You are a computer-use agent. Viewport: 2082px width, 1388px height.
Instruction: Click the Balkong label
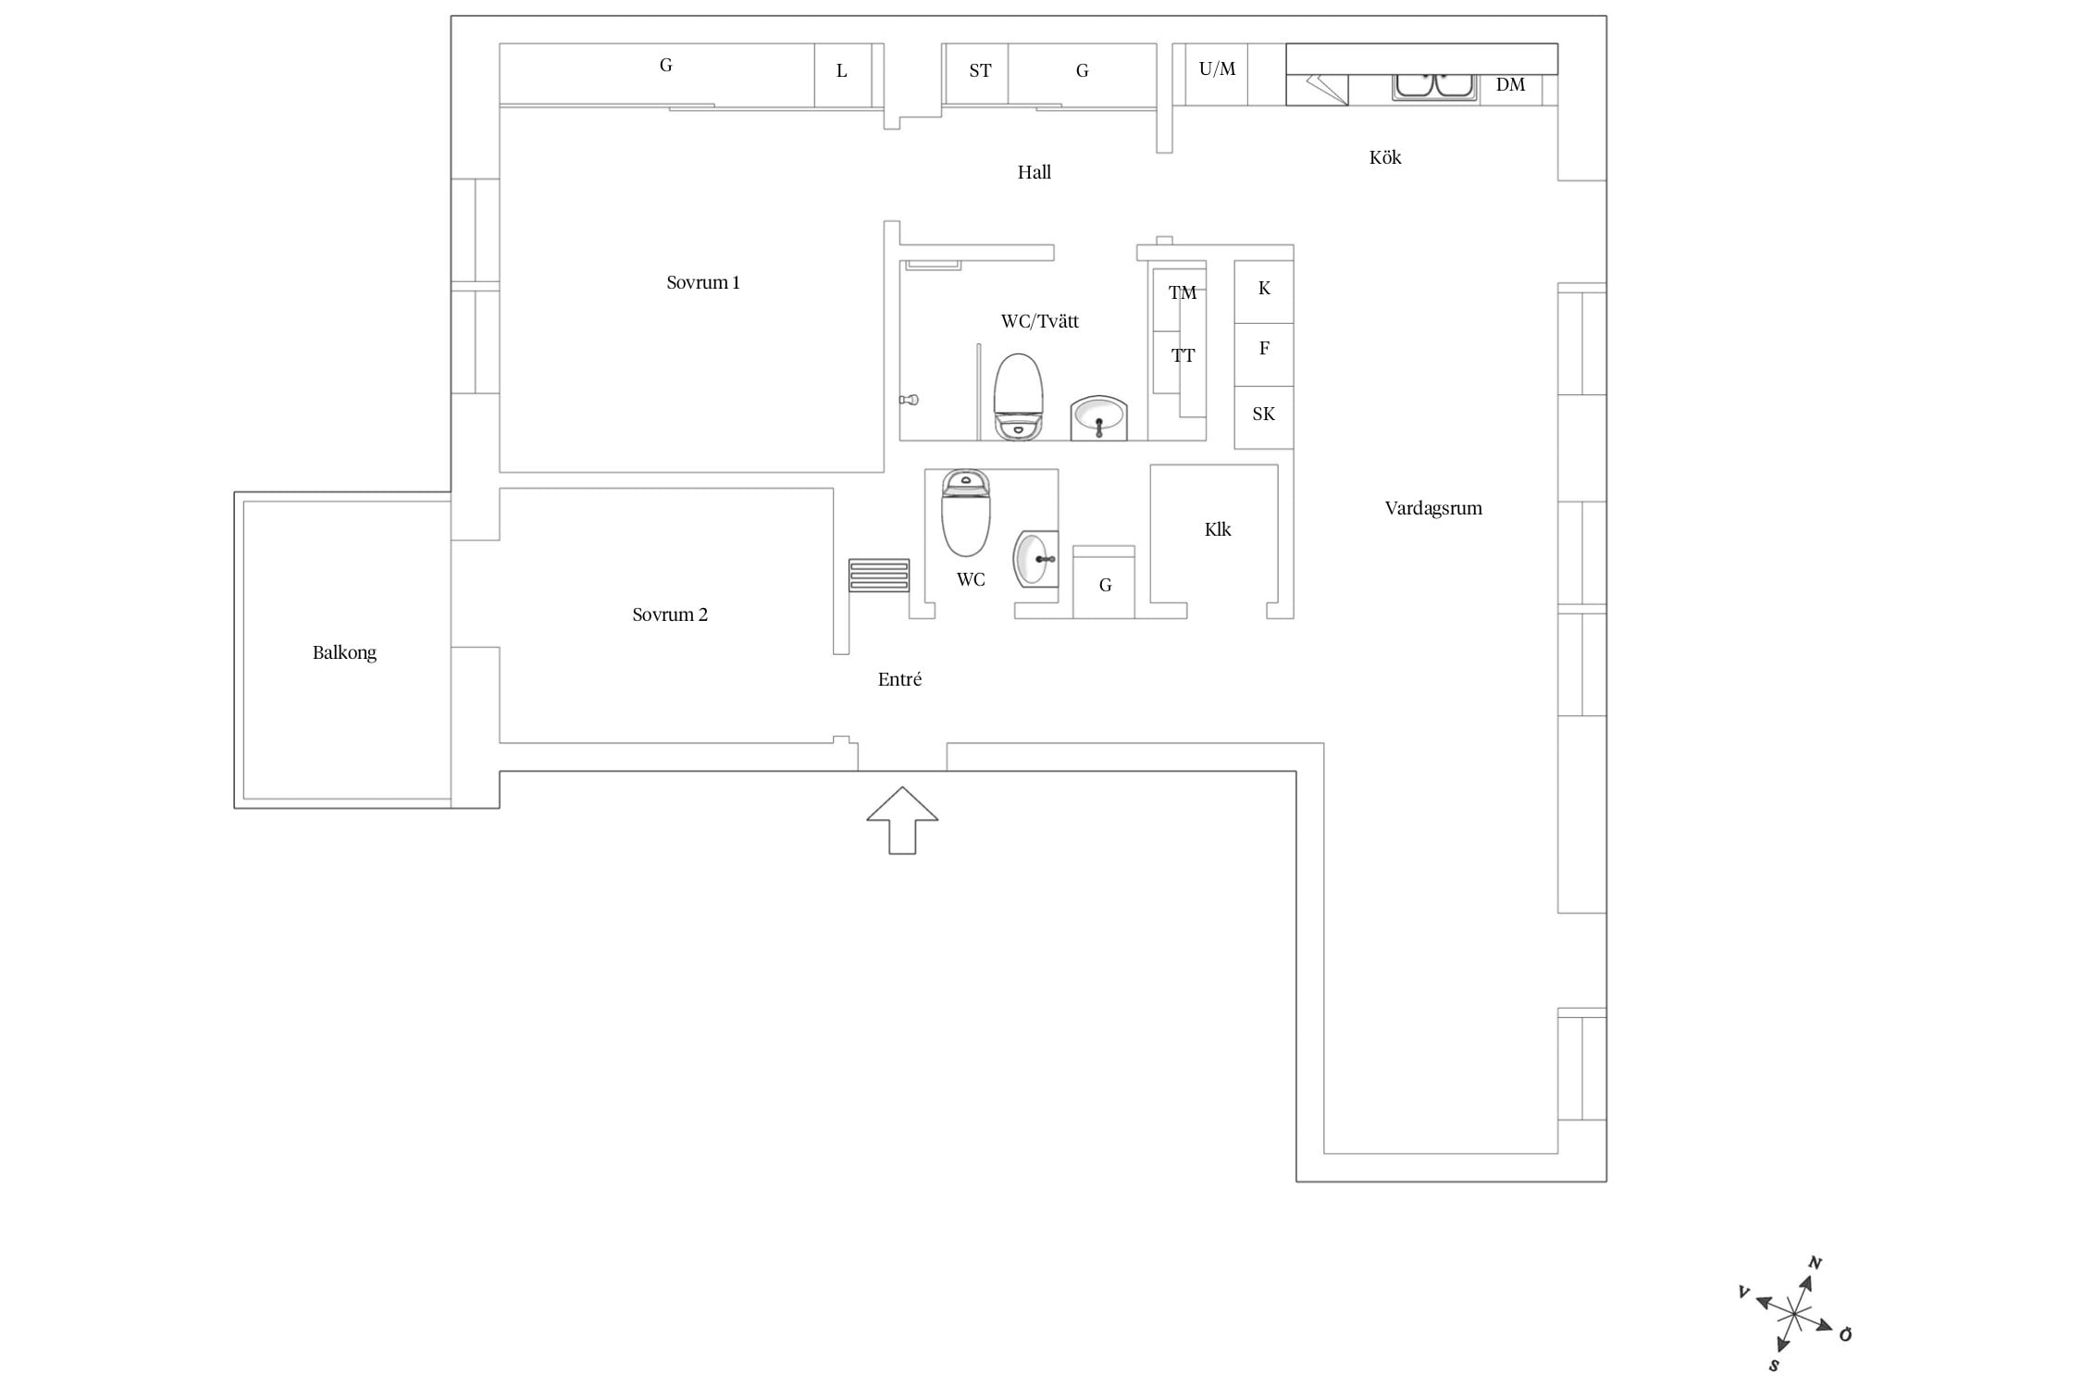[344, 653]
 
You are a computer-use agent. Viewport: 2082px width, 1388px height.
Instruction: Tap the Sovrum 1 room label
[703, 283]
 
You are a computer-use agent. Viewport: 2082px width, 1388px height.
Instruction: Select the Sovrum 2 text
[670, 615]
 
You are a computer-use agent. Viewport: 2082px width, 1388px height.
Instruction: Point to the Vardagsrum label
[1433, 509]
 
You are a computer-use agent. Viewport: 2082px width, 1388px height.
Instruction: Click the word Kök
[1385, 157]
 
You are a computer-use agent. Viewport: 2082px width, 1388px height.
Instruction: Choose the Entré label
[899, 679]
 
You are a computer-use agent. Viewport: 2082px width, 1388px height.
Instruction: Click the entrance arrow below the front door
[902, 820]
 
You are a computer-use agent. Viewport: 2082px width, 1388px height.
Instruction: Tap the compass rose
[1794, 1313]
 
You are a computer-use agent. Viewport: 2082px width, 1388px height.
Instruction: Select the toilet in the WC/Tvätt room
[1018, 396]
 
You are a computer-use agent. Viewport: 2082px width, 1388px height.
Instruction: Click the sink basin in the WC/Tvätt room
[1099, 417]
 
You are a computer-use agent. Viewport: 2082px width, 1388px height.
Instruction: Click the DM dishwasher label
[1510, 85]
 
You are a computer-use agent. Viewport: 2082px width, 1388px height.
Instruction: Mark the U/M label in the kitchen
[1217, 69]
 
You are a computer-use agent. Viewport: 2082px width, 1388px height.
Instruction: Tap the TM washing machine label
[1182, 293]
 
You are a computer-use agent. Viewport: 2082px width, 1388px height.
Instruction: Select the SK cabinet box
[1264, 417]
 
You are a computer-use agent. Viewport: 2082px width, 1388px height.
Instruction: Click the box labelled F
[1264, 354]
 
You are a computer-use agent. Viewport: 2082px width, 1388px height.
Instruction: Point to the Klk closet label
[1218, 529]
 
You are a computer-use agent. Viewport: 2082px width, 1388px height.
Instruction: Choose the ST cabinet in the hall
[977, 74]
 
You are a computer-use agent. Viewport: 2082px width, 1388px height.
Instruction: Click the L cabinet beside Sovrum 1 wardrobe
[843, 75]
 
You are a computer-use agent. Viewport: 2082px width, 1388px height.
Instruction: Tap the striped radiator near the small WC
[879, 575]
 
